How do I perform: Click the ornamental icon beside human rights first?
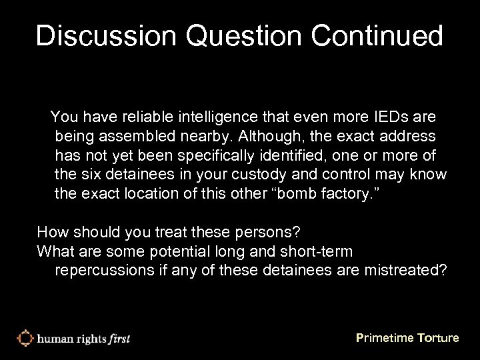[25, 337]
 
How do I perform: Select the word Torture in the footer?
[435, 338]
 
